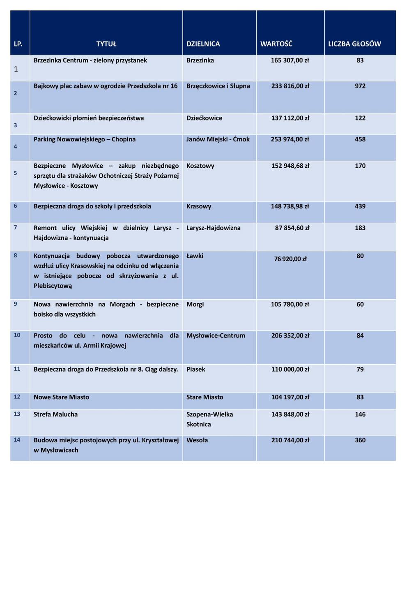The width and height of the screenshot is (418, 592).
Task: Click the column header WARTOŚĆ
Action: [x=276, y=44]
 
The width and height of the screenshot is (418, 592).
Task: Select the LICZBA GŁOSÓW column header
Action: [x=354, y=44]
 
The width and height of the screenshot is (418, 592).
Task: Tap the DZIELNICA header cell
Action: [x=203, y=44]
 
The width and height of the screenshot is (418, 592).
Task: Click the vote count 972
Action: [x=360, y=86]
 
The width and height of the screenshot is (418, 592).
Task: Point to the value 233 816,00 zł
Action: [x=290, y=86]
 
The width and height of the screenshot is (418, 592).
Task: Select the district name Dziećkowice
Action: [x=204, y=118]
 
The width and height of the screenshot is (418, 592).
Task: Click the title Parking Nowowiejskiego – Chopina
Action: [x=85, y=139]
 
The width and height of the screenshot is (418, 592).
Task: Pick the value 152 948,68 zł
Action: [x=290, y=166]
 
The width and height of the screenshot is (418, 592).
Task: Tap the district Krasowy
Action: [x=199, y=206]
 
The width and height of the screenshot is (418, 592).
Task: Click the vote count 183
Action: [x=360, y=228]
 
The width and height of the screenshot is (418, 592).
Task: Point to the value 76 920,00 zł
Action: [x=290, y=259]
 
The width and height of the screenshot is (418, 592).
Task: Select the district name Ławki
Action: [x=195, y=256]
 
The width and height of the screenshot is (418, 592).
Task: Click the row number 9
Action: [x=15, y=304]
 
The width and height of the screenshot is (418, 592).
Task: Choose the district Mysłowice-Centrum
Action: [x=216, y=335]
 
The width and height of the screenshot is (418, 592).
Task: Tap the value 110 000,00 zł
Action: [x=290, y=369]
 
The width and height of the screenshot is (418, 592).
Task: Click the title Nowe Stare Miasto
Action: [x=61, y=397]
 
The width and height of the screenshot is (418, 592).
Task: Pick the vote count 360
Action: [x=360, y=440]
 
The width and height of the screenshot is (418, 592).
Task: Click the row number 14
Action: [x=17, y=439]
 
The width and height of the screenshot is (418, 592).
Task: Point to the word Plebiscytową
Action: [x=53, y=286]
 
